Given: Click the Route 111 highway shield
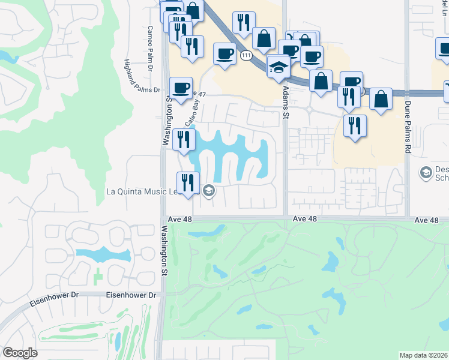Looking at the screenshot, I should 246,55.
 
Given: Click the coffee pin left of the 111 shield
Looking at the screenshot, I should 225,54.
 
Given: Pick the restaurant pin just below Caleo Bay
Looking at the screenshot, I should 184,139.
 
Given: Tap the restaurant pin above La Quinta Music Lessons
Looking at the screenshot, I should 188,182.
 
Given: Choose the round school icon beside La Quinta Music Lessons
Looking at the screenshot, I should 208,191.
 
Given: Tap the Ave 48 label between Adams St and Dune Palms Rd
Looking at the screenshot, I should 304,220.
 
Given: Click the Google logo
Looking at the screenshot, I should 20,353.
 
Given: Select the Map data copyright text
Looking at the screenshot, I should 424,355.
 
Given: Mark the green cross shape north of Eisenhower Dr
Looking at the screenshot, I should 98,277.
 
